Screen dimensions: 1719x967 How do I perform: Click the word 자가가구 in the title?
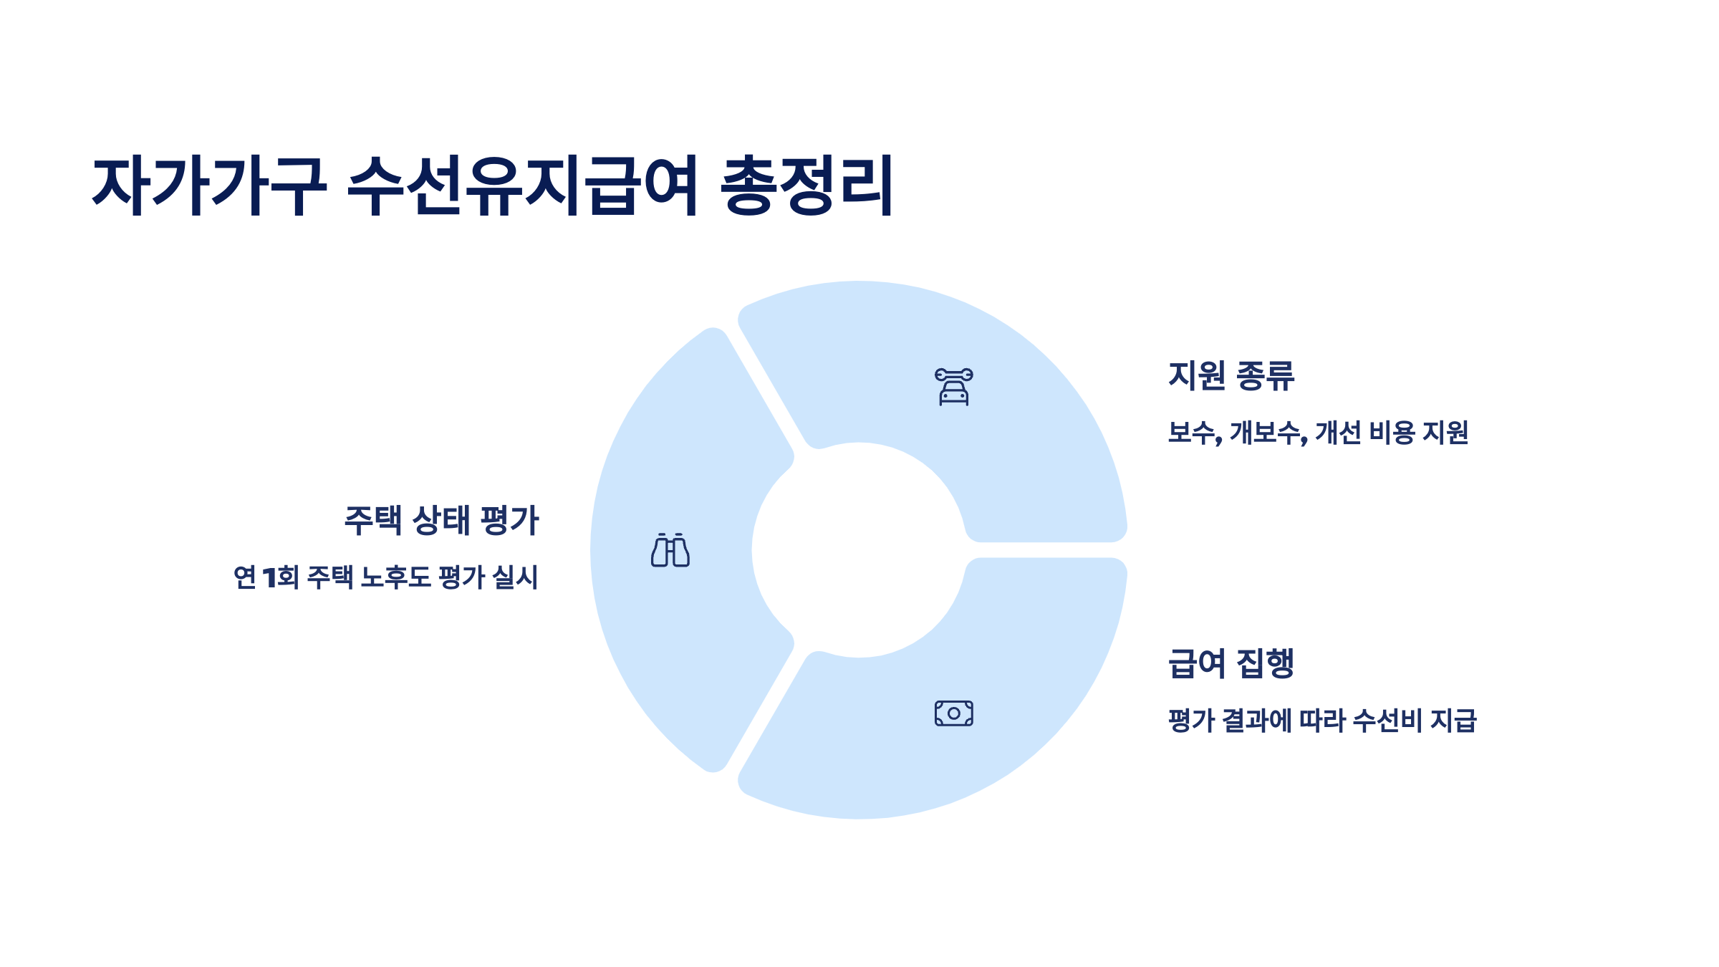209,186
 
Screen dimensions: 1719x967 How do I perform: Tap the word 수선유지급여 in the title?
523,186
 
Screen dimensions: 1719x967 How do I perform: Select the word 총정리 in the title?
806,186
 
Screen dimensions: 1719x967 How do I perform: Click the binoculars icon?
670,550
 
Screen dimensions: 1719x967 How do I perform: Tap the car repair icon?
953,387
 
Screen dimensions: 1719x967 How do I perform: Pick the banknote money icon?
953,713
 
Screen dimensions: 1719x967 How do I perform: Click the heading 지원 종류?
1231,375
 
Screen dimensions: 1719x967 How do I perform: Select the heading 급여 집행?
1231,663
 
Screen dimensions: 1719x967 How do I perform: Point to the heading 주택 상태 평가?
441,520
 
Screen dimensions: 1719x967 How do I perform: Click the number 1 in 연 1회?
269,577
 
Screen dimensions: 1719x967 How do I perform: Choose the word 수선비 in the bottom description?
1387,721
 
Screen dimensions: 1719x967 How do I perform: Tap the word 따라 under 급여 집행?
1322,721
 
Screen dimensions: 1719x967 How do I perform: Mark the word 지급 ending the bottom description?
1453,721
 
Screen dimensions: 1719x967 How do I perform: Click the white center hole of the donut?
859,550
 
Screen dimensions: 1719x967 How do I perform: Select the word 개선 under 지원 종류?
1337,433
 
